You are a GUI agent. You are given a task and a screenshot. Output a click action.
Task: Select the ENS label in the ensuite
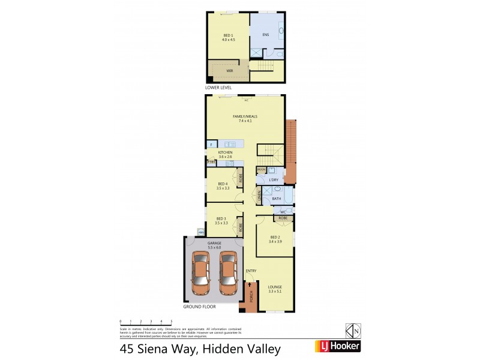pos(265,35)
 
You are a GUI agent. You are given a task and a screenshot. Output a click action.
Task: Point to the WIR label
pos(229,71)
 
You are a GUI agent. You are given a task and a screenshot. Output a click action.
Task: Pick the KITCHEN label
pos(225,153)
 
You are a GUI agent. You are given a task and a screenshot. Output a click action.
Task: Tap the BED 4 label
pos(223,184)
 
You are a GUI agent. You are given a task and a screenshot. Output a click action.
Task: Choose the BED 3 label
pos(221,218)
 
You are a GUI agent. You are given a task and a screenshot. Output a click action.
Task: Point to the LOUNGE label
pos(275,287)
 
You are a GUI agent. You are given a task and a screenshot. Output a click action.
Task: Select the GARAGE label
pos(214,243)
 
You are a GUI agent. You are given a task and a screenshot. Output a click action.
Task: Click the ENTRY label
pos(251,271)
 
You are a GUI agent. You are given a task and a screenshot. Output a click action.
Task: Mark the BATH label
pos(277,198)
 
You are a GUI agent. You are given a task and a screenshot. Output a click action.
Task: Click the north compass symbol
pos(353,331)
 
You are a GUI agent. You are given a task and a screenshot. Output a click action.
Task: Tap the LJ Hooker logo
pos(338,347)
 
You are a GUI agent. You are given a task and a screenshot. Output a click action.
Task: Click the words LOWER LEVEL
pos(218,88)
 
